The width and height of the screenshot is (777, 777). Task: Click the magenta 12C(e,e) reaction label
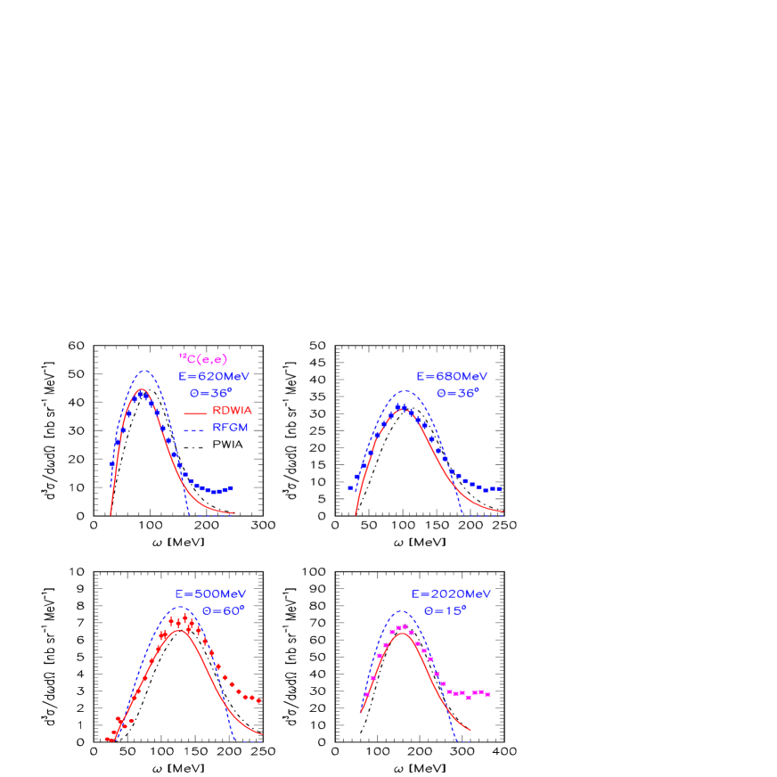coord(203,359)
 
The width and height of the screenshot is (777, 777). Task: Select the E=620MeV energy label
coord(214,377)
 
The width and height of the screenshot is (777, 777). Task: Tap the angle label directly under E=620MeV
coord(210,392)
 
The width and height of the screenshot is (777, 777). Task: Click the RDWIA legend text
coord(233,411)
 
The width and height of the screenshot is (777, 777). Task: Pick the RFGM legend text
coord(230,428)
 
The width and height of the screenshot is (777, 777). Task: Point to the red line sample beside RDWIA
coord(195,412)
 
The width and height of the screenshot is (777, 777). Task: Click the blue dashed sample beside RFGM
coord(195,429)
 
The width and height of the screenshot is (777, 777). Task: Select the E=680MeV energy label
coord(452,377)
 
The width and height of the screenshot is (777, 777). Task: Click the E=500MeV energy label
coord(210,594)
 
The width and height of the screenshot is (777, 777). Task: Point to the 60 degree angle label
coord(223,610)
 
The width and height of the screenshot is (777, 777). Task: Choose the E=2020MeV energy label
coord(451,594)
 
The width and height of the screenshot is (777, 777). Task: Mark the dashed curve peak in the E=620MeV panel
coord(143,371)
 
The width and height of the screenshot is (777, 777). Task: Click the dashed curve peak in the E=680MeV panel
coord(405,390)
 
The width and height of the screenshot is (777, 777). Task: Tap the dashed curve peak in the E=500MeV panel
coord(181,607)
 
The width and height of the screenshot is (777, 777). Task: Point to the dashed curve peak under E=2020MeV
coord(402,611)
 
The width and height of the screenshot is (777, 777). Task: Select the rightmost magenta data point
coord(488,693)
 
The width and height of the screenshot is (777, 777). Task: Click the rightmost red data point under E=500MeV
coord(259,700)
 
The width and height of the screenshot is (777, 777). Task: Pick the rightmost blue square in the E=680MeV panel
coord(500,488)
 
